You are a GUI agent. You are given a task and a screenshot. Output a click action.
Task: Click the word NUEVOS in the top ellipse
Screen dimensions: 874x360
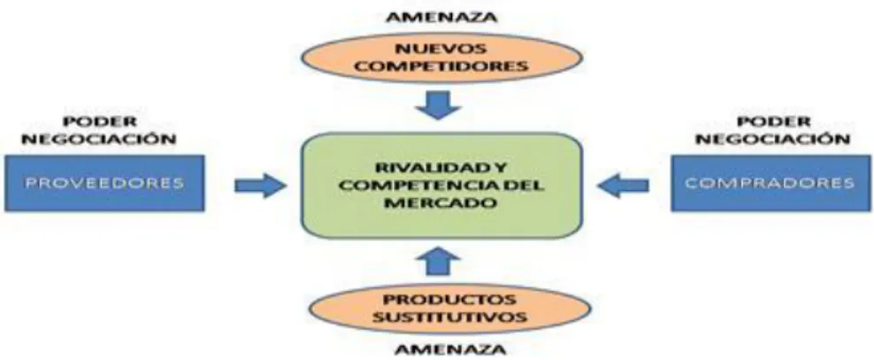pos(442,49)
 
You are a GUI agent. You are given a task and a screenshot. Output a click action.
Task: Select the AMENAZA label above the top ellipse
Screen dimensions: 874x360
pos(442,18)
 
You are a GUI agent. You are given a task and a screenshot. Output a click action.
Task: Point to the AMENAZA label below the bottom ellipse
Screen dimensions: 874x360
pos(450,350)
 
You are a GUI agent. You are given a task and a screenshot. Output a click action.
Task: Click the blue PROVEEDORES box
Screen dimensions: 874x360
pos(104,183)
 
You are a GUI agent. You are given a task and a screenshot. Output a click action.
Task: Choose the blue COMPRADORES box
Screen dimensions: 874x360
pos(770,183)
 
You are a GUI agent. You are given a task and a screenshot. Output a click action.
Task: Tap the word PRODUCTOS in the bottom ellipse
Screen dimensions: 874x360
pos(449,301)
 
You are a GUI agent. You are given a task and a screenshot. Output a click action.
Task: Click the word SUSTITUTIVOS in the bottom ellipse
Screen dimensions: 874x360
pos(449,318)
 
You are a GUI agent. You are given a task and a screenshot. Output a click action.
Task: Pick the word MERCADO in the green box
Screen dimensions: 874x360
pos(441,203)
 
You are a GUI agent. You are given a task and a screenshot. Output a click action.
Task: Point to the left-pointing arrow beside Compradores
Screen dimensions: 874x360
pos(623,185)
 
